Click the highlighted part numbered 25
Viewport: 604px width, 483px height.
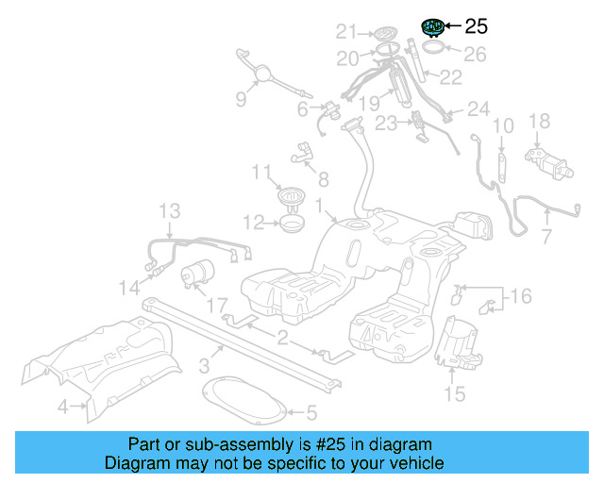point(434,26)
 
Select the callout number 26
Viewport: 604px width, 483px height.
point(475,55)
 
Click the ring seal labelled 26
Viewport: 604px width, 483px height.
point(433,47)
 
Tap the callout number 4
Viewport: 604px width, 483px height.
point(62,408)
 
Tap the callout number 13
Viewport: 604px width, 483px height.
point(168,209)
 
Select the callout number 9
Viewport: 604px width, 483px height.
point(241,99)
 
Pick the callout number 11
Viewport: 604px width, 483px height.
point(261,171)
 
